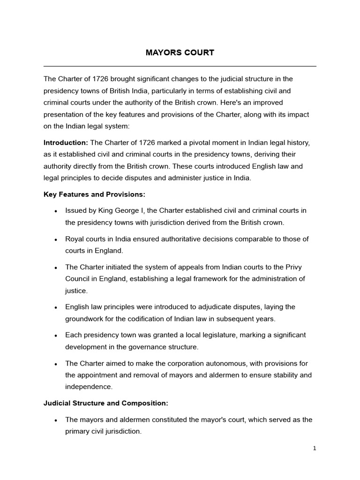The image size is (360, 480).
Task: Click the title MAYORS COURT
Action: click(180, 52)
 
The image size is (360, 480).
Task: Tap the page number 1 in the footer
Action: click(315, 448)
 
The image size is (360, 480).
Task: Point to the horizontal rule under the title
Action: click(180, 66)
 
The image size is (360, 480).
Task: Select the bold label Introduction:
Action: click(66, 142)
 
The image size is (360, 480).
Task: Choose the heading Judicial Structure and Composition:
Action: click(106, 403)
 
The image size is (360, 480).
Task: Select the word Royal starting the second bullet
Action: click(74, 239)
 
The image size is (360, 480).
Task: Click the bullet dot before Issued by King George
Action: click(55, 211)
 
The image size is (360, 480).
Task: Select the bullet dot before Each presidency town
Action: click(55, 336)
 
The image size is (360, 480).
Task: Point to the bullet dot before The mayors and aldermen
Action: click(55, 420)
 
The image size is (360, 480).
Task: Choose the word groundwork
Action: click(85, 319)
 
